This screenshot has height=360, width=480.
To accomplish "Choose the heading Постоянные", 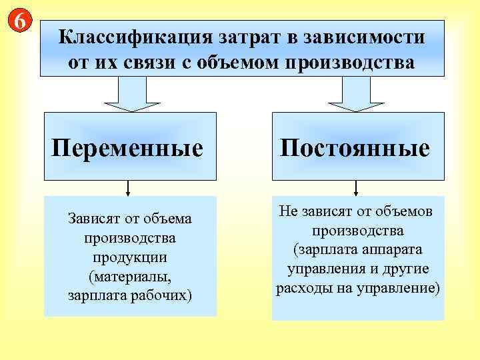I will pyautogui.click(x=355, y=147).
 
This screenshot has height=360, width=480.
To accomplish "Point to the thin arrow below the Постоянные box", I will pyautogui.click(x=357, y=188).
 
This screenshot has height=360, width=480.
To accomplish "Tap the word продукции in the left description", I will pyautogui.click(x=130, y=257).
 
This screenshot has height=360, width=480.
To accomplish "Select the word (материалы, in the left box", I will pyautogui.click(x=130, y=275).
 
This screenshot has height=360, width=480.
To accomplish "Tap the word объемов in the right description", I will pyautogui.click(x=406, y=211).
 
